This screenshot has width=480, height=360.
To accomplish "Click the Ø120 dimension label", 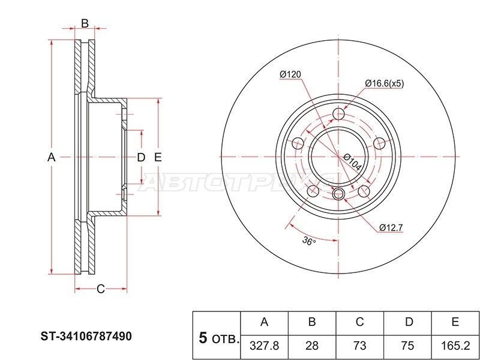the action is point(290,74).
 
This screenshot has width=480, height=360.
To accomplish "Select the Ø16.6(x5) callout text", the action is point(385,83).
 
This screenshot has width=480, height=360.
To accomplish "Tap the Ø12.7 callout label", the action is point(391,228).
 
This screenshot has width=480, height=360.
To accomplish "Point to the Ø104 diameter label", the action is point(352,162).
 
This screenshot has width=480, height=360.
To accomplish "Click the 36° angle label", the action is point(309,242).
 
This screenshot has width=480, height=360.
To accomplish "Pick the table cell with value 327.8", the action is point(264,346).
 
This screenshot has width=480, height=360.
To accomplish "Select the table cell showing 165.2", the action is point(455,346).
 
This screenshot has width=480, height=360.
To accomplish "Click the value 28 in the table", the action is point(311,346).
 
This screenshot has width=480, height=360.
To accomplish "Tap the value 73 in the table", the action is point(359,346).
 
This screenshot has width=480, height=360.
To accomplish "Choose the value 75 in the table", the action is point(407,346).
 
